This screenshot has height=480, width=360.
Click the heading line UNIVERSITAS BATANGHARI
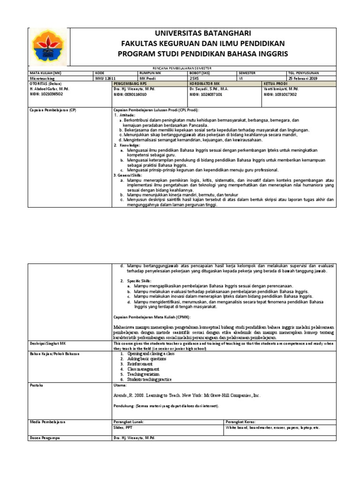click(x=203, y=33)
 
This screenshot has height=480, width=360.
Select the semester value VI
click(x=241, y=79)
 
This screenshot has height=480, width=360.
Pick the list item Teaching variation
click(x=143, y=375)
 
